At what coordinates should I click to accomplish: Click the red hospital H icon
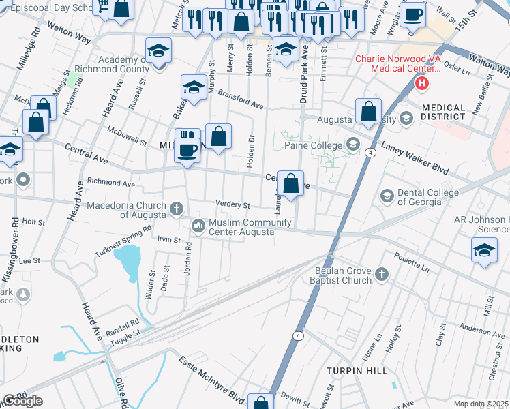[422, 85]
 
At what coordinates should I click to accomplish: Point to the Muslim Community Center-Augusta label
[241, 228]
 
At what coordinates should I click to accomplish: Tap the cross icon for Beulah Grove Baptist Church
[382, 275]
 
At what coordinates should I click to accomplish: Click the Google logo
[22, 401]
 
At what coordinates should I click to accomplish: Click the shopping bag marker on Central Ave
[290, 183]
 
